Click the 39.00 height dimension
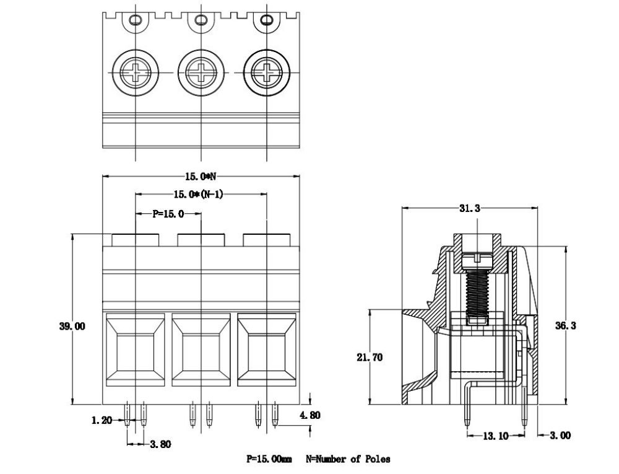pos(72,327)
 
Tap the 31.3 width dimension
pos(469,208)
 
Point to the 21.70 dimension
pos(370,357)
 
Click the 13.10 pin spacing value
pos(495,436)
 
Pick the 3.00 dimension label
pos(561,436)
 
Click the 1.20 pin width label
pos(102,420)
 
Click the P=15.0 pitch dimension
pos(168,214)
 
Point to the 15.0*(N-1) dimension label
pos(198,195)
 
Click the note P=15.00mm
pos(269,459)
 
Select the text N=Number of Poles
pos(348,459)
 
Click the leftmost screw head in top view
pos(136,72)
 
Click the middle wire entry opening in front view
pos(201,348)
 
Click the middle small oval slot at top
pos(201,20)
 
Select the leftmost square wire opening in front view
pos(136,348)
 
